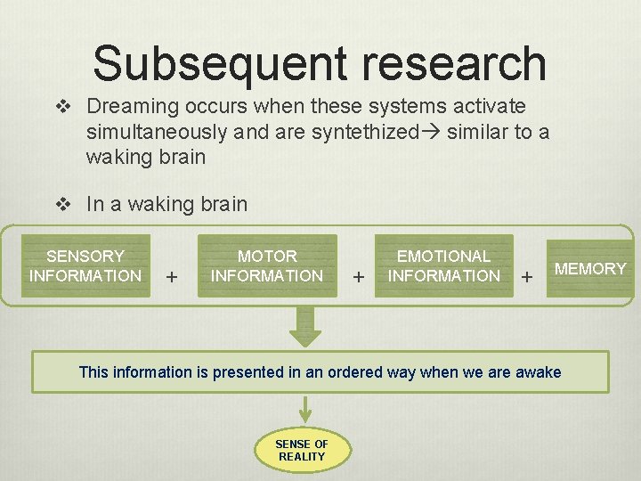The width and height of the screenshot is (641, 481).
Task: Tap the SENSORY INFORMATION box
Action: click(85, 266)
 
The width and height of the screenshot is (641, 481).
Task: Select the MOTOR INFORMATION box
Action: click(267, 266)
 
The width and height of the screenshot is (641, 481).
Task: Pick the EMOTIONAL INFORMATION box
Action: click(444, 266)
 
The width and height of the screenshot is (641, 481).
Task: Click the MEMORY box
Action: click(590, 268)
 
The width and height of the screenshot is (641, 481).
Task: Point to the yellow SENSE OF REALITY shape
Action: click(302, 450)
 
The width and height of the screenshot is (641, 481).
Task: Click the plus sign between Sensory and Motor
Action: click(172, 277)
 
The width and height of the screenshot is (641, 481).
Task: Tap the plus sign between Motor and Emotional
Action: click(358, 277)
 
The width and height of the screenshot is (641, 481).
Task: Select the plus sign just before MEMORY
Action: click(527, 277)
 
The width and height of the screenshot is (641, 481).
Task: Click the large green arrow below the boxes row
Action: click(305, 327)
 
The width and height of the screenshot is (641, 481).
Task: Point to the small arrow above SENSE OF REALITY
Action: click(305, 409)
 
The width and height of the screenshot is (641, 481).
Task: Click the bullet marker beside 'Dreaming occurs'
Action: click(63, 107)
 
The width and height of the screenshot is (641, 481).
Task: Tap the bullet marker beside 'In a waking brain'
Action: click(63, 204)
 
